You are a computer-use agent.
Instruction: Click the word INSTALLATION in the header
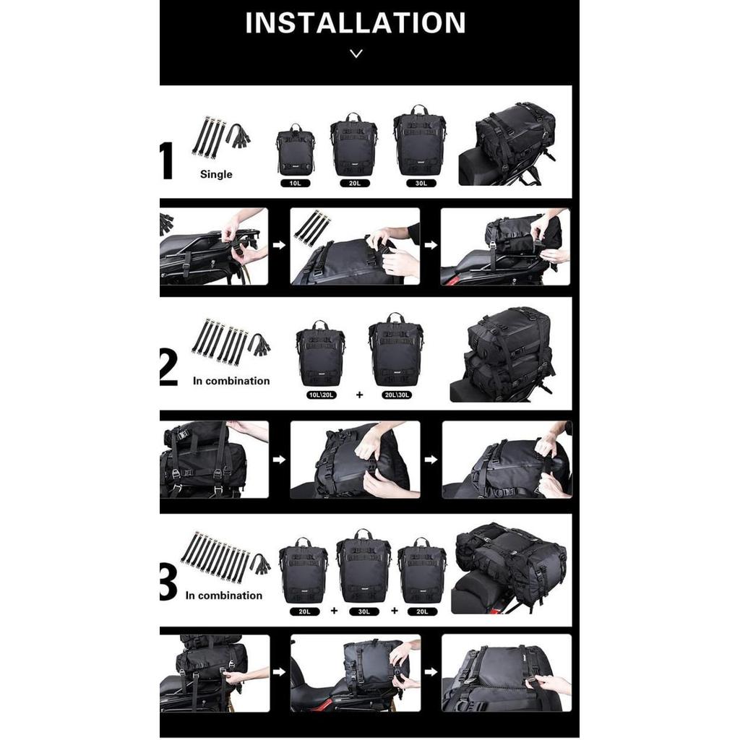[x=355, y=23]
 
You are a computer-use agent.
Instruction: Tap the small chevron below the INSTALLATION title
[x=356, y=53]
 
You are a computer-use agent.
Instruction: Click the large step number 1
[x=167, y=161]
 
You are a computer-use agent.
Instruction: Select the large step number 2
[x=168, y=368]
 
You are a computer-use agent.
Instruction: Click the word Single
[x=216, y=174]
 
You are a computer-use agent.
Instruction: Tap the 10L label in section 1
[x=295, y=184]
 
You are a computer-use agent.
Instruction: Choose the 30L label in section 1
[x=420, y=184]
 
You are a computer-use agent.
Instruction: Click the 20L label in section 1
[x=354, y=184]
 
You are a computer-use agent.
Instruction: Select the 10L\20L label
[x=320, y=395]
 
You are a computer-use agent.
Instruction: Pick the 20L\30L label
[x=396, y=395]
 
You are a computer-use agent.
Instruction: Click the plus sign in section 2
[x=358, y=395]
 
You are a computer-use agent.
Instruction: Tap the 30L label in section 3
[x=363, y=611]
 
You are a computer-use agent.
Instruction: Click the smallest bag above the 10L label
[x=295, y=149]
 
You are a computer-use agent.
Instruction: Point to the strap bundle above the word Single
[x=220, y=136]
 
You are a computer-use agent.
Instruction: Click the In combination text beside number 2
[x=231, y=381]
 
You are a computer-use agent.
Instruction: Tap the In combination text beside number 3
[x=223, y=595]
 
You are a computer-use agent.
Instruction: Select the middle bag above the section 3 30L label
[x=363, y=566]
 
